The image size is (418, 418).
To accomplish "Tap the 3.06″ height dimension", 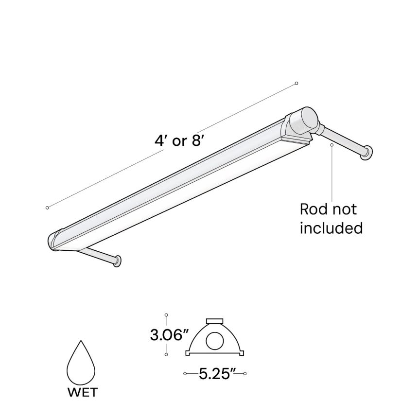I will point(169,335).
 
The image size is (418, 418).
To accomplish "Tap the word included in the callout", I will point(331,227).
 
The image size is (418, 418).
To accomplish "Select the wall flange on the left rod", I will point(117,261).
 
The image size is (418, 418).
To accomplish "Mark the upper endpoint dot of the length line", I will point(296,84).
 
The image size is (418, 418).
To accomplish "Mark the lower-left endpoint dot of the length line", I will point(47,208).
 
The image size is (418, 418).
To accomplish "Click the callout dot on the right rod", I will point(331,144).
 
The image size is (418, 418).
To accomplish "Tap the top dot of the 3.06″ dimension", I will point(166,315).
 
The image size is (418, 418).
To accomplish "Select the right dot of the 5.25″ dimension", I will point(245,373).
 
